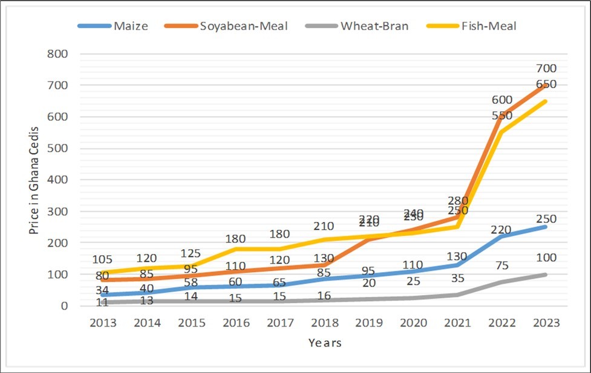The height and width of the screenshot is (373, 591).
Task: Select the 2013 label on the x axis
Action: pyautogui.click(x=104, y=323)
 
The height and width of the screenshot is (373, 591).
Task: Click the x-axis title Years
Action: pyautogui.click(x=324, y=343)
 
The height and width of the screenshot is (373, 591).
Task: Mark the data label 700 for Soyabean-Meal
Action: pyautogui.click(x=545, y=69)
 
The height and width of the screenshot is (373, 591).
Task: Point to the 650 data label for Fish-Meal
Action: pyautogui.click(x=545, y=85)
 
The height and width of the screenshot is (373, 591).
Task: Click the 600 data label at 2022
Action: pyautogui.click(x=501, y=100)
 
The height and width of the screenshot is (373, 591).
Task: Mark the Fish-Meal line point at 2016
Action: pyautogui.click(x=237, y=248)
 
